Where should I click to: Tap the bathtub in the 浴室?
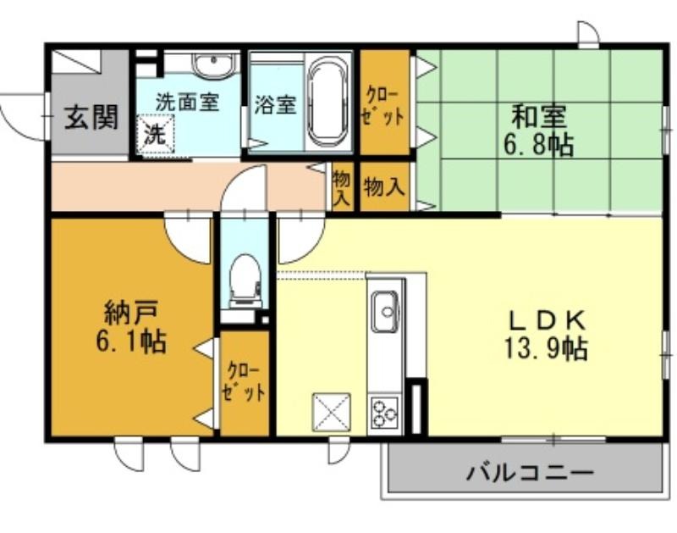(329, 103)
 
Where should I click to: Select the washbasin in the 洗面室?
(215, 66)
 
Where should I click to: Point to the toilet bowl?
(245, 280)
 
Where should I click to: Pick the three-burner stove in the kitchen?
(384, 414)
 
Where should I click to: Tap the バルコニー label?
(530, 474)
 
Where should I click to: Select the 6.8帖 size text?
(538, 145)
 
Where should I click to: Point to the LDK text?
(546, 320)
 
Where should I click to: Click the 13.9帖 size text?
(546, 348)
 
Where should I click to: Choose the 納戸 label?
(131, 313)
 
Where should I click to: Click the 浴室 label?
(275, 104)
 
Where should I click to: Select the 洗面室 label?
(188, 102)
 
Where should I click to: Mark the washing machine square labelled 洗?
(156, 134)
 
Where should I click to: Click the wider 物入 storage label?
(384, 186)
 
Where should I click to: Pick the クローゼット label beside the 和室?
(384, 106)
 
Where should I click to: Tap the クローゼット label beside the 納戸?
(243, 382)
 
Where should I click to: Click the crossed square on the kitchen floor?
(331, 412)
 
